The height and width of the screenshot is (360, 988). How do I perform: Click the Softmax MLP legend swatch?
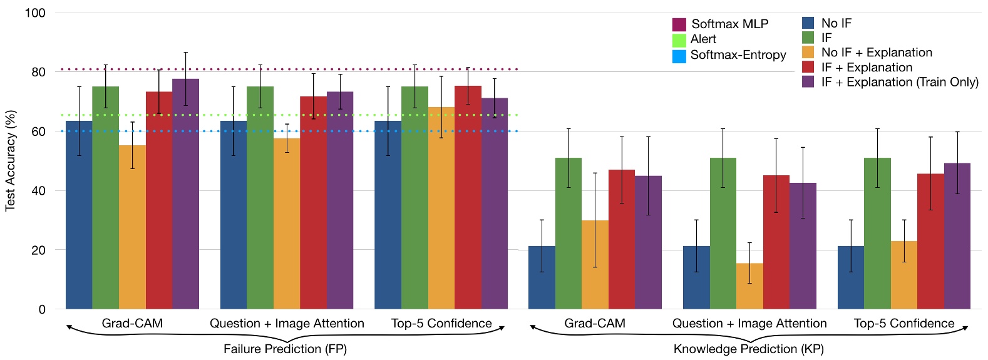[679, 24]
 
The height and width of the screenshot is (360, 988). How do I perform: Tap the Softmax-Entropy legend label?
[738, 55]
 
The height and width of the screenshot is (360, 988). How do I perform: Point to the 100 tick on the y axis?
[35, 13]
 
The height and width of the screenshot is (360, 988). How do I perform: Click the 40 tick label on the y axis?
[38, 191]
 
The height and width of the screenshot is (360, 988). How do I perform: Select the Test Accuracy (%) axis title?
[10, 161]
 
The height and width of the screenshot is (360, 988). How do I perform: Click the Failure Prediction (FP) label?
[285, 349]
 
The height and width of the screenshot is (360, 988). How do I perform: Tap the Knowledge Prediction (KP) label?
[748, 349]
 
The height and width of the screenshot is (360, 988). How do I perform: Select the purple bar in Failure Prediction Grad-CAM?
[185, 194]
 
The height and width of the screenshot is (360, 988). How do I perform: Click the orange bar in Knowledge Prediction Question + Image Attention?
[749, 286]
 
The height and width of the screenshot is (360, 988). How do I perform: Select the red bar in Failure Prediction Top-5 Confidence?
[468, 197]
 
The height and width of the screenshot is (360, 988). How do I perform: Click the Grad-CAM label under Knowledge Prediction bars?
[594, 324]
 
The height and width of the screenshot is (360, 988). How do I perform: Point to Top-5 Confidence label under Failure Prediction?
[441, 324]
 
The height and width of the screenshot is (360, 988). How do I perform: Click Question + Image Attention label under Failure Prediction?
[287, 324]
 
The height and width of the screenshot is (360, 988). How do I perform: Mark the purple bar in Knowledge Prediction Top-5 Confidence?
[957, 236]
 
